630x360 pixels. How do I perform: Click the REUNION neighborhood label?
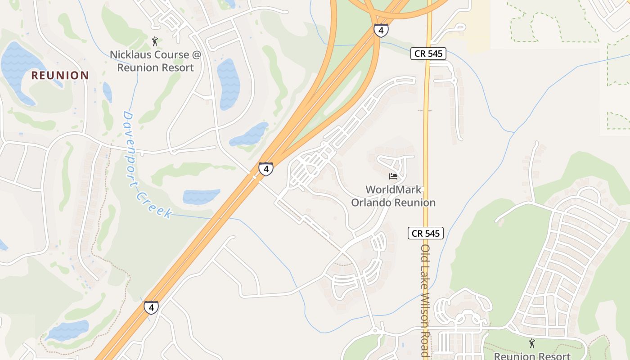[x=60, y=75]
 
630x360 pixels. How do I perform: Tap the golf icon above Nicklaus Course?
[x=155, y=41]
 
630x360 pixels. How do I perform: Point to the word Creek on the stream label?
[x=154, y=205]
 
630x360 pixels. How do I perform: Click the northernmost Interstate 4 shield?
[x=381, y=31]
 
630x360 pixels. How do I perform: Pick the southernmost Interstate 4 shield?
[x=151, y=308]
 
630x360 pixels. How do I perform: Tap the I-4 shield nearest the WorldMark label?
[x=266, y=169]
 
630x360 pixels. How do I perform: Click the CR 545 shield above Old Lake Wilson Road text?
[x=426, y=233]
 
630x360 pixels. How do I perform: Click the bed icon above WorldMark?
[x=393, y=176]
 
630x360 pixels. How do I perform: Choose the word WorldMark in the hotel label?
[x=393, y=189]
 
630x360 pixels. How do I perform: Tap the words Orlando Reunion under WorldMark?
[x=393, y=203]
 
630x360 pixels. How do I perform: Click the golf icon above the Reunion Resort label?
[x=532, y=343]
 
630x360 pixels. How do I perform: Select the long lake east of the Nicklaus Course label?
[x=228, y=83]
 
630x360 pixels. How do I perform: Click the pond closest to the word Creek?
[x=201, y=197]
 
